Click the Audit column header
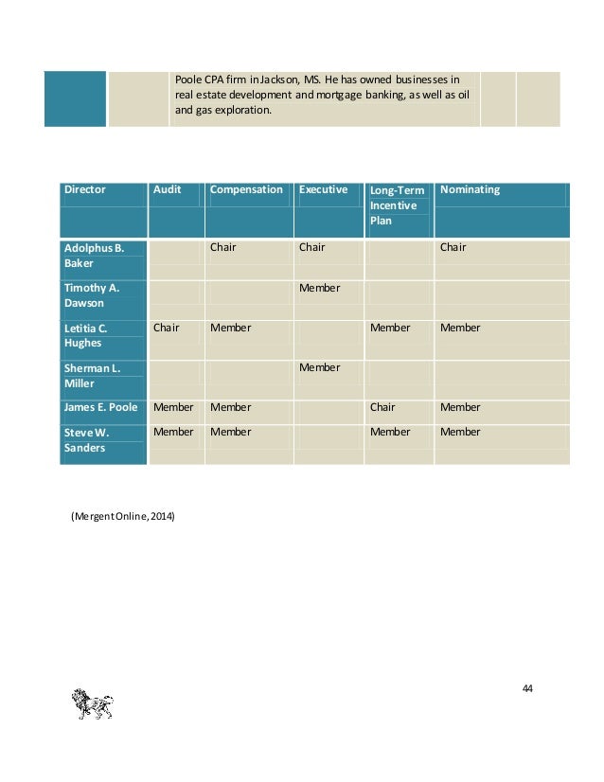coord(168,189)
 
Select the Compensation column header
coord(246,189)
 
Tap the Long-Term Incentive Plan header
coord(397,205)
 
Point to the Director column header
coord(84,189)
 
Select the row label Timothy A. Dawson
coord(91,295)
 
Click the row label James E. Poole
coord(101,407)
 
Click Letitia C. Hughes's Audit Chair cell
coord(166,328)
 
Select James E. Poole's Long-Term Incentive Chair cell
coord(382,407)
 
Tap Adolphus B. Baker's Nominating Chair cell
coord(453,247)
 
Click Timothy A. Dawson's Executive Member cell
coord(319,288)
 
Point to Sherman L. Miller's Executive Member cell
coord(319,367)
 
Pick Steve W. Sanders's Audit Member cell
coord(173,432)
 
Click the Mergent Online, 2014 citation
coord(122,516)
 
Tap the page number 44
coord(527,687)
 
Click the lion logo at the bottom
coord(92,705)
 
